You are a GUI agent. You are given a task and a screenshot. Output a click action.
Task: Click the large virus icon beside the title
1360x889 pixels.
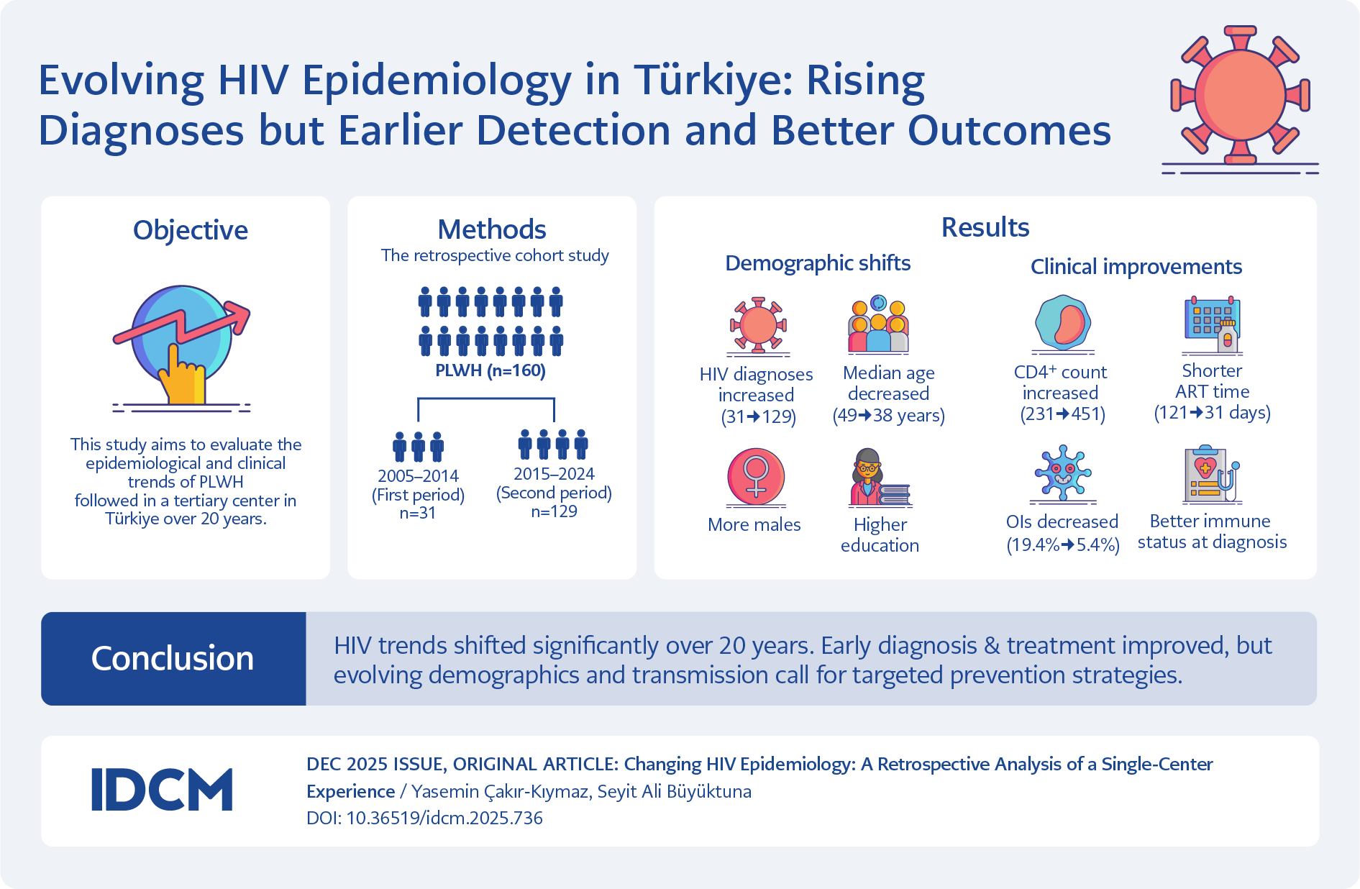tap(1240, 95)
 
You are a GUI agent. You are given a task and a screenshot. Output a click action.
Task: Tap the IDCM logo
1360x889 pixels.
tap(162, 790)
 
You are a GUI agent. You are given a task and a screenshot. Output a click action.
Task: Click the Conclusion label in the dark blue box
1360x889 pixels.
tap(173, 658)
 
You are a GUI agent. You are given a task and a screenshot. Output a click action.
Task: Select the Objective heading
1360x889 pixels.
tap(191, 230)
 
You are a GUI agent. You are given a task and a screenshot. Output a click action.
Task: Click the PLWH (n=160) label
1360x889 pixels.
tap(490, 370)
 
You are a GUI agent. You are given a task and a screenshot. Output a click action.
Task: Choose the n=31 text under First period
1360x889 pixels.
tap(418, 513)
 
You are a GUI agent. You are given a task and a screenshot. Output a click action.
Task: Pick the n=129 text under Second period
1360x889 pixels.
tap(554, 511)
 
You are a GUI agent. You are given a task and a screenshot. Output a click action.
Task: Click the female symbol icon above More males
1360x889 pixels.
tap(756, 476)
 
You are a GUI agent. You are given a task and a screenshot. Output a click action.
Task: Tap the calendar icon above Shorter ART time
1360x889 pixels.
tap(1213, 324)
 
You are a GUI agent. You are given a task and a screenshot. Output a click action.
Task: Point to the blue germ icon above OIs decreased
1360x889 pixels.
tap(1063, 473)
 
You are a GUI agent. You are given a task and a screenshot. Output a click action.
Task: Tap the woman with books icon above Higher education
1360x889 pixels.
tap(878, 477)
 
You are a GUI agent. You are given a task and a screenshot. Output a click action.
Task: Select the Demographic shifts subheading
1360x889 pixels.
tap(818, 263)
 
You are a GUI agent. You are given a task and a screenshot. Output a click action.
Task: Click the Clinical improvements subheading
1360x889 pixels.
tap(1136, 267)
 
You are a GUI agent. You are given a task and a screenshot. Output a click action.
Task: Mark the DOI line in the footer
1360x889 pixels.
tap(424, 818)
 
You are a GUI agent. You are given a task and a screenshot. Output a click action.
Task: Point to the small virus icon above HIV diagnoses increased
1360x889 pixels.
tap(757, 325)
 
